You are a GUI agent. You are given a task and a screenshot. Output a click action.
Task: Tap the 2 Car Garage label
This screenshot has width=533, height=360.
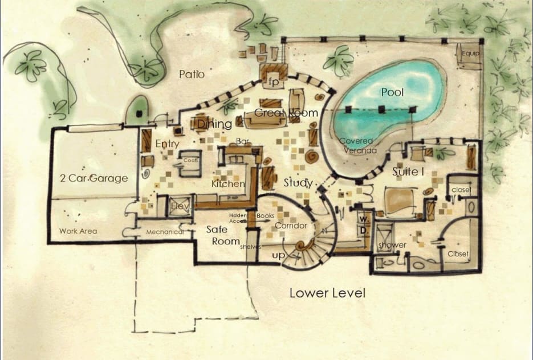coord(94,178)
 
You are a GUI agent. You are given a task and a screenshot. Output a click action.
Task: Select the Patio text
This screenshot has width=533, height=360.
coord(192,74)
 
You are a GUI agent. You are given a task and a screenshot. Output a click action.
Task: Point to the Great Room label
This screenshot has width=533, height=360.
coord(286,113)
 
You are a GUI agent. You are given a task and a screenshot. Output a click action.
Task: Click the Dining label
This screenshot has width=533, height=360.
coord(214,124)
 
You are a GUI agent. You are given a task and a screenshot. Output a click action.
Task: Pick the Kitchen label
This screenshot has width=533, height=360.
coord(228,184)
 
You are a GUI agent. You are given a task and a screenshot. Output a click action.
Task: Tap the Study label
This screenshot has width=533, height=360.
coord(298,183)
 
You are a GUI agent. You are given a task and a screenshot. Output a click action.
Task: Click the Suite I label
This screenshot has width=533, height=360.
coord(406,171)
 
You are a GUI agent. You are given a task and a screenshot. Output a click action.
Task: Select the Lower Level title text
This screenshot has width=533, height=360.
coord(327,293)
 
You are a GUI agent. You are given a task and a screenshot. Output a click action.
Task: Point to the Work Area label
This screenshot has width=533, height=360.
coord(78,231)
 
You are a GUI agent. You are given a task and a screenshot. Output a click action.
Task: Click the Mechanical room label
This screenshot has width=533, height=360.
coord(165,232)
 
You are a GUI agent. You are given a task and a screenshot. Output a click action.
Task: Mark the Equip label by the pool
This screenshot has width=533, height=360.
coord(471,54)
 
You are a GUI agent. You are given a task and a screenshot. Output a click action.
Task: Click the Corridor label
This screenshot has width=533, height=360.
coord(291,226)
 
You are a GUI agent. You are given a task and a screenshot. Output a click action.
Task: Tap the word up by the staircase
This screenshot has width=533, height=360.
coord(278,256)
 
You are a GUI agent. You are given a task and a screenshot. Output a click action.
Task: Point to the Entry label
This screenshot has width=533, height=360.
coord(168,144)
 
